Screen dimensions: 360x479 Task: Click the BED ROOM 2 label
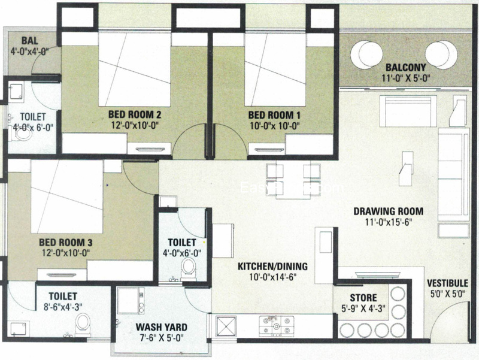click(x=136, y=114)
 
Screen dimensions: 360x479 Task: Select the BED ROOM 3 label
click(x=65, y=242)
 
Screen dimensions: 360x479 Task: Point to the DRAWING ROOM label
click(x=388, y=211)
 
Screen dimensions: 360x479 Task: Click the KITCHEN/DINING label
click(x=272, y=266)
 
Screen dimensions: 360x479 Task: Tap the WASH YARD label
click(x=161, y=328)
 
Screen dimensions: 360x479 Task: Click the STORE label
click(x=363, y=298)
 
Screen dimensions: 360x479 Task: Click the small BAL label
click(x=29, y=41)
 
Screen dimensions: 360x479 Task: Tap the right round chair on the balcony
click(x=441, y=54)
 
